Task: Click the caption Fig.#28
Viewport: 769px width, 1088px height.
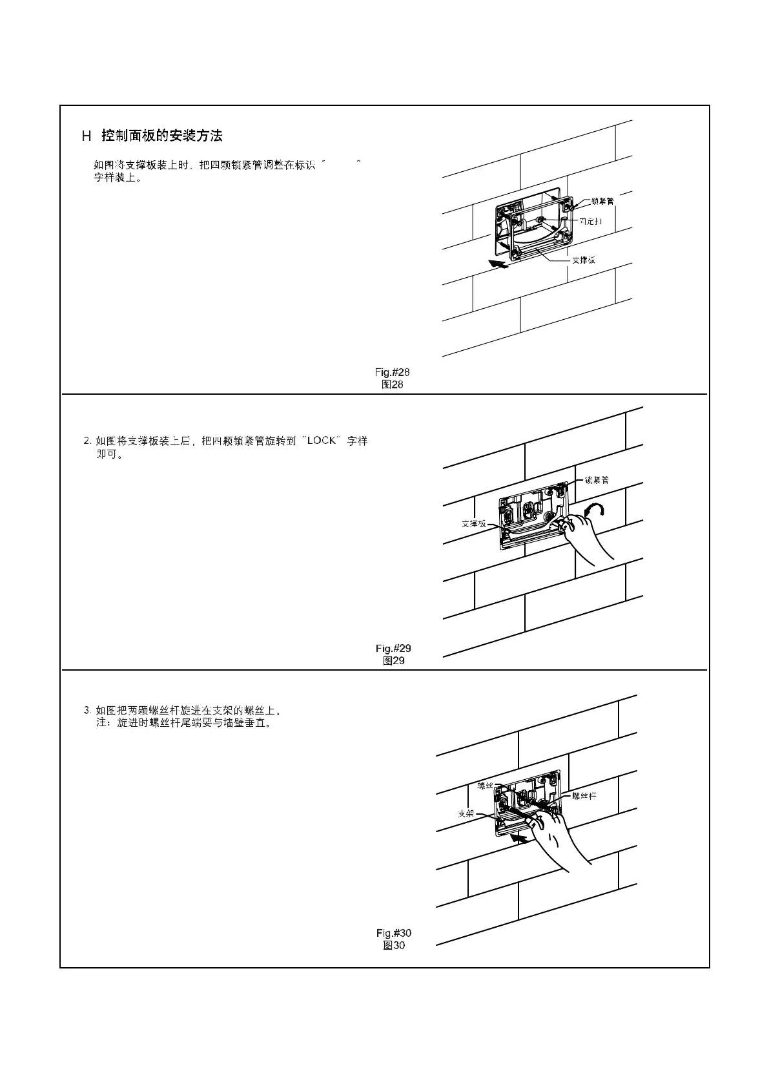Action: point(392,372)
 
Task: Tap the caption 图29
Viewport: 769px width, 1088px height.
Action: point(393,661)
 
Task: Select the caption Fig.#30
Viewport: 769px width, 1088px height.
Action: point(394,933)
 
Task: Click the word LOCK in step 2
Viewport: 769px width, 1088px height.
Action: point(322,441)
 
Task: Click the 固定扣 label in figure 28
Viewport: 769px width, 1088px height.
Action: point(590,222)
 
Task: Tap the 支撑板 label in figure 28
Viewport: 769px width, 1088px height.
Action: point(583,260)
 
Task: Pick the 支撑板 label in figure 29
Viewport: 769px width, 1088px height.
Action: point(473,523)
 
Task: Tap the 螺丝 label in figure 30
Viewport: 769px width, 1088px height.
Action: point(485,786)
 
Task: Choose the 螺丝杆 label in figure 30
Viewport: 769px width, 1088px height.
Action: point(584,796)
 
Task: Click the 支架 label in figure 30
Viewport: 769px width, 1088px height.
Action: point(466,813)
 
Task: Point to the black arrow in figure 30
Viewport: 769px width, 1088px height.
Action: point(518,838)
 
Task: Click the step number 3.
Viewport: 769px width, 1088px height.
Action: point(87,711)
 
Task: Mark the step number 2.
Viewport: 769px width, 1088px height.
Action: point(87,441)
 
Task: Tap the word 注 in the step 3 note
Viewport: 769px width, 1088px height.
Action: point(101,722)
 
